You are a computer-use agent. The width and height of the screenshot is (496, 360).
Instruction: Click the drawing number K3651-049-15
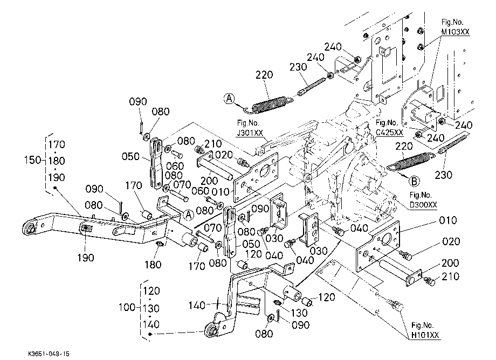pyautogui.click(x=49, y=354)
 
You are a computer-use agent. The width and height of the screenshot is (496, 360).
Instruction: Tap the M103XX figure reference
pyautogui.click(x=456, y=32)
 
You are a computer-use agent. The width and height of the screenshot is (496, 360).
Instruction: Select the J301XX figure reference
pyautogui.click(x=250, y=133)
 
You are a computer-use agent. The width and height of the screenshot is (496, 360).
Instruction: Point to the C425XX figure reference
pyautogui.click(x=389, y=133)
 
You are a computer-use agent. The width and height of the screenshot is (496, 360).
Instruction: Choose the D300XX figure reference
pyautogui.click(x=423, y=205)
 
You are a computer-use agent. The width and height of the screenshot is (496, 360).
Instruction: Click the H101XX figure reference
pyautogui.click(x=425, y=335)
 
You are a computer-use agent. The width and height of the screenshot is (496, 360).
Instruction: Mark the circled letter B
pyautogui.click(x=414, y=181)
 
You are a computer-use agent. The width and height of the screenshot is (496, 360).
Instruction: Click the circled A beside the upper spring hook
pyautogui.click(x=230, y=98)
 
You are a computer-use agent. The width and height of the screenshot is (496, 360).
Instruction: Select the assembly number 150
pyautogui.click(x=33, y=160)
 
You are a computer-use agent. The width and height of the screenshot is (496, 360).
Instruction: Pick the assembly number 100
pyautogui.click(x=127, y=307)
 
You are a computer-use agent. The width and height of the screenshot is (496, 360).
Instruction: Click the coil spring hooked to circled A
pyautogui.click(x=269, y=104)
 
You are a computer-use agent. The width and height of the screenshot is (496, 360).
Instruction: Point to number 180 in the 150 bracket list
pyautogui.click(x=57, y=161)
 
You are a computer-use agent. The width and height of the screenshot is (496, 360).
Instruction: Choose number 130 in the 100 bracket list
pyautogui.click(x=151, y=308)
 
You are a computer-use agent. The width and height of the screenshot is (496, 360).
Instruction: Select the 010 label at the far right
pyautogui.click(x=448, y=220)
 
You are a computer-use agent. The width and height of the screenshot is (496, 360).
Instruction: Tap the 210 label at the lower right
pyautogui.click(x=450, y=276)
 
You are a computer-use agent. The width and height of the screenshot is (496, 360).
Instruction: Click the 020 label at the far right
pyautogui.click(x=451, y=242)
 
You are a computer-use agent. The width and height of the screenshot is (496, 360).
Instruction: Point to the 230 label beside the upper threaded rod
pyautogui.click(x=298, y=67)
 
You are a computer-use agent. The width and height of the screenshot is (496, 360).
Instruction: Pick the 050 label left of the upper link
pyautogui.click(x=130, y=156)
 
